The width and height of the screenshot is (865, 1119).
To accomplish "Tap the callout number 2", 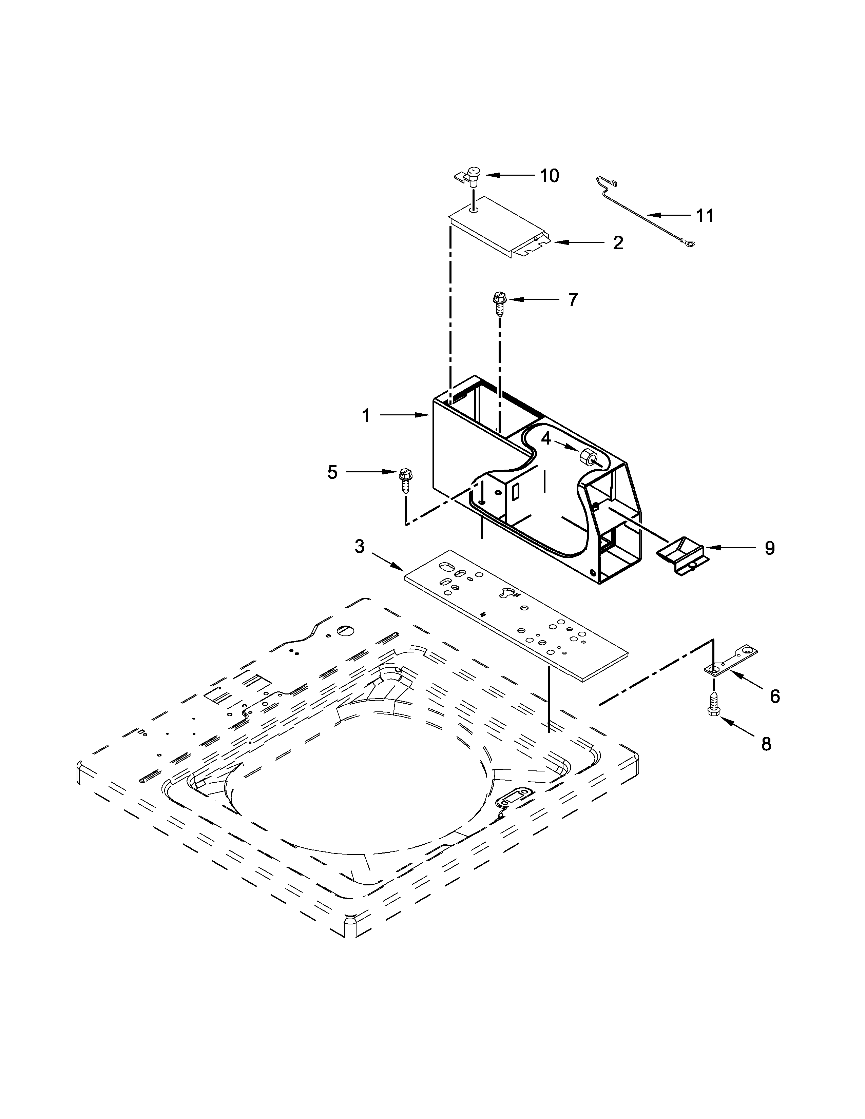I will point(618,243).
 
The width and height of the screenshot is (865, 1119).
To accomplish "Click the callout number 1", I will point(366,415).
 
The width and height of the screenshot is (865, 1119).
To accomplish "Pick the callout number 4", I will point(546,438).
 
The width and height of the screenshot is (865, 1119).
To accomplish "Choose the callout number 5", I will point(332,472).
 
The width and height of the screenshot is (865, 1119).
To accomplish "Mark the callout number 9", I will point(770,548).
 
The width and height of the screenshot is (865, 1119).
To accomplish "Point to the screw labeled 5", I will point(405,480).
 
